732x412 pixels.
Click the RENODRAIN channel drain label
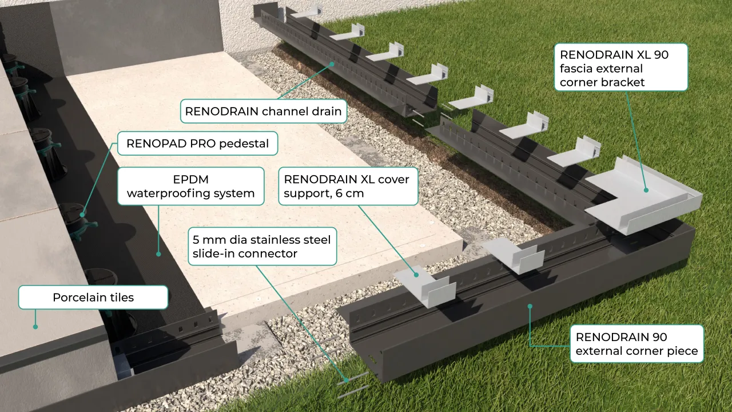[x=263, y=111]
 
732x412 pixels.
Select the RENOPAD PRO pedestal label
[x=197, y=144]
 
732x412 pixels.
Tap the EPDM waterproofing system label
[x=190, y=186]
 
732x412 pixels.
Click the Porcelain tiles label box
[x=93, y=298]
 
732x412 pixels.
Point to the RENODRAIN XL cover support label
[x=347, y=186]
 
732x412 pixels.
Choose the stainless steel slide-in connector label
[x=262, y=246]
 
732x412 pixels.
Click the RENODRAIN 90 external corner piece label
[x=636, y=344]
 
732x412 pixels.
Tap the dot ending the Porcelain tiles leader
[x=35, y=327]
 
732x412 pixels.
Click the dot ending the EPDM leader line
[x=159, y=253]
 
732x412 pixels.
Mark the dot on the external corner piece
[x=530, y=306]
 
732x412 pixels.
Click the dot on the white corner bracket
[x=646, y=190]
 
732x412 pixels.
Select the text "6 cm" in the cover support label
[x=347, y=193]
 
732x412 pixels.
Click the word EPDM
[x=190, y=179]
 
